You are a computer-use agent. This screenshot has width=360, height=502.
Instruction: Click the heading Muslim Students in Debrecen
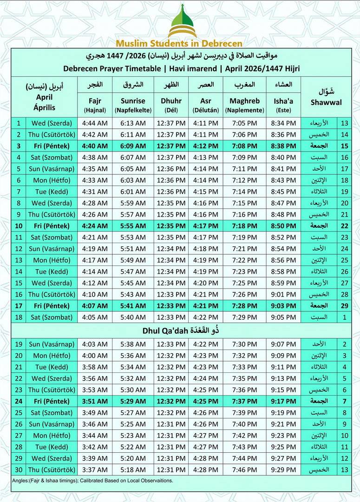click(179, 44)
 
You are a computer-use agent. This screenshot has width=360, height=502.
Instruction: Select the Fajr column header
click(95, 101)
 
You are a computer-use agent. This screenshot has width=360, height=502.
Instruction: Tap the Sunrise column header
click(133, 101)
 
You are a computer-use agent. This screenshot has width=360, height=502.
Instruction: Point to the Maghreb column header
click(244, 101)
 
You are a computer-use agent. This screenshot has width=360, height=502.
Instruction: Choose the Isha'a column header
click(283, 101)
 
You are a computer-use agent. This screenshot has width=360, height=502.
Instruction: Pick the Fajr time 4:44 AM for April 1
click(95, 123)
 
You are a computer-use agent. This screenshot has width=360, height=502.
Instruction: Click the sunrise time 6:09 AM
click(133, 146)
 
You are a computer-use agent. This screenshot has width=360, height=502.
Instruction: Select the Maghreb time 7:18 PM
click(244, 226)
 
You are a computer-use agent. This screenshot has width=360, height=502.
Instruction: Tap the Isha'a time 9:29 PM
click(283, 469)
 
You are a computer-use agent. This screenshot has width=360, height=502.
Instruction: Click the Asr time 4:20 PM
click(206, 283)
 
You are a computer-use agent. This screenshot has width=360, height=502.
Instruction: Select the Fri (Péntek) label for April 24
click(51, 401)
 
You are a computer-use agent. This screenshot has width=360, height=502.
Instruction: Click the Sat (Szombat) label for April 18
click(51, 317)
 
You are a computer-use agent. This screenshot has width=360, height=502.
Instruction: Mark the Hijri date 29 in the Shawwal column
click(344, 306)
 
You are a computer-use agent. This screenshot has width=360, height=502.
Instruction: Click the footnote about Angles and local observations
click(93, 480)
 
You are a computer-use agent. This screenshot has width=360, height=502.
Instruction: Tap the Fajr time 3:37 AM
click(95, 469)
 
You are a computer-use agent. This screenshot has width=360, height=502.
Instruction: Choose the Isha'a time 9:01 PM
click(283, 294)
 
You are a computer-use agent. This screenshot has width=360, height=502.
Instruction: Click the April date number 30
click(18, 469)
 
